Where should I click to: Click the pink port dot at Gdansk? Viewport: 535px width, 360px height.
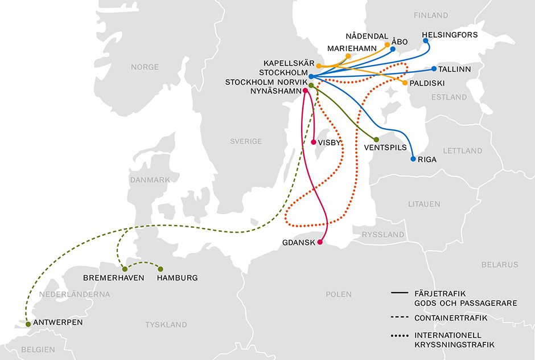pyautogui.click(x=320, y=243)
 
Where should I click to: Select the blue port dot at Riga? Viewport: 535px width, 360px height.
pyautogui.click(x=413, y=159)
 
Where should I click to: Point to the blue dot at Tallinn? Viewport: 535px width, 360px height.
pyautogui.click(x=434, y=69)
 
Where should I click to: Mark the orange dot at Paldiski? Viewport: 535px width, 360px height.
pyautogui.click(x=405, y=83)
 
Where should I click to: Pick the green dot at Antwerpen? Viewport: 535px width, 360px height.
pyautogui.click(x=28, y=324)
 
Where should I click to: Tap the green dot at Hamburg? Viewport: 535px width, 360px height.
pyautogui.click(x=160, y=269)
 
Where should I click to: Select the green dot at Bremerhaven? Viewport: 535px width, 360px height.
pyautogui.click(x=125, y=269)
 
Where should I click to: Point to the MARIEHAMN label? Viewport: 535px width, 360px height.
pyautogui.click(x=352, y=48)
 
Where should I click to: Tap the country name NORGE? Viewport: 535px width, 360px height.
pyautogui.click(x=145, y=67)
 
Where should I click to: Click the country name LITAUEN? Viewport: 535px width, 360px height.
pyautogui.click(x=423, y=203)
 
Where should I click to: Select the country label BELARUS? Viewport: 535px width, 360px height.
pyautogui.click(x=499, y=264)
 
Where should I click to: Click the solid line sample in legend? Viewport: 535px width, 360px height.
pyautogui.click(x=402, y=293)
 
